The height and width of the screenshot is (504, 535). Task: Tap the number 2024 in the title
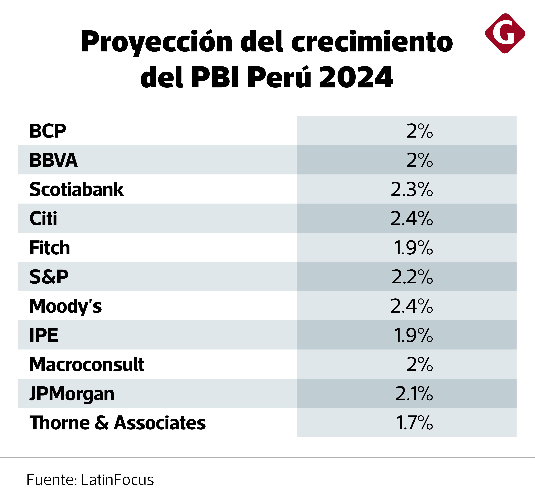pyautogui.click(x=356, y=77)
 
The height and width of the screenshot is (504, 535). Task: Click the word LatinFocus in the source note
pyautogui.click(x=117, y=480)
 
